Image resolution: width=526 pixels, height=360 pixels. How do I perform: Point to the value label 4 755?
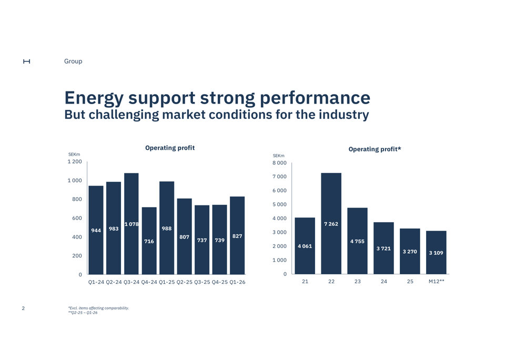357,241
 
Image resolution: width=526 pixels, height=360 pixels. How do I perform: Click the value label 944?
96,230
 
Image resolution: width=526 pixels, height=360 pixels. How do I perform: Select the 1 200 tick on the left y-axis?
75,161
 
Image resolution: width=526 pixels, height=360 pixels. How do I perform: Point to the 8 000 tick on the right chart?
279,163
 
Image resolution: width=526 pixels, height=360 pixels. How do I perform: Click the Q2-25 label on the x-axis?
184,282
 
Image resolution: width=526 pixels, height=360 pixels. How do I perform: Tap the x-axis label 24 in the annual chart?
383,282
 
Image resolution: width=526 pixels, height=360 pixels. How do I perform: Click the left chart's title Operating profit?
169,148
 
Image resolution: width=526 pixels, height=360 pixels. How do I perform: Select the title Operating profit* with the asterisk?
375,149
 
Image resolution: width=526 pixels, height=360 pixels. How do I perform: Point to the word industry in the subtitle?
344,114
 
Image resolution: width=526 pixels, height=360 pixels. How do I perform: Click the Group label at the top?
73,61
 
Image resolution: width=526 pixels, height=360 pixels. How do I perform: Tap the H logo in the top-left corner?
26,61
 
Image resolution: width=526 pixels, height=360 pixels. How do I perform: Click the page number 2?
23,308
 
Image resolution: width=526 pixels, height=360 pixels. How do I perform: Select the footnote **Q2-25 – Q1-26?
83,313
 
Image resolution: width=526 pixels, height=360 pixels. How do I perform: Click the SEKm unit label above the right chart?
278,156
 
